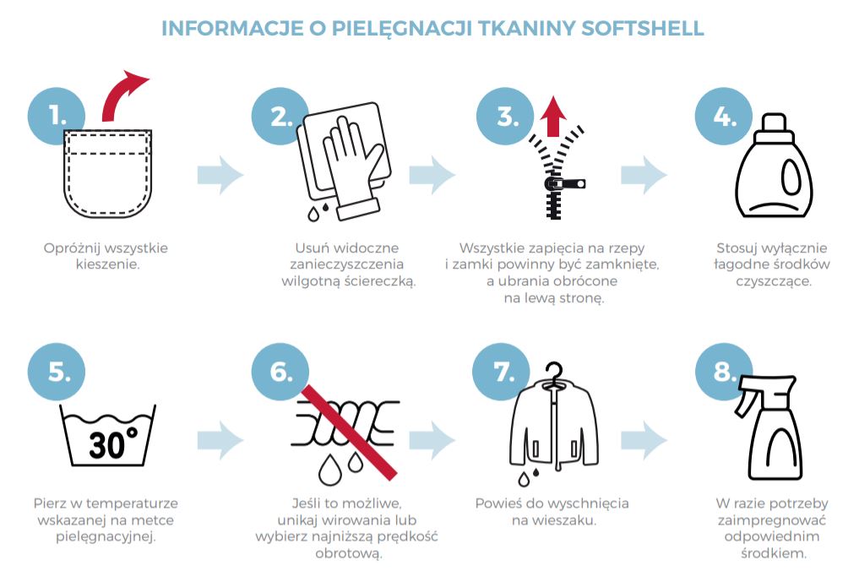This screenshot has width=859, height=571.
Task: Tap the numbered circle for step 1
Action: (x=57, y=116)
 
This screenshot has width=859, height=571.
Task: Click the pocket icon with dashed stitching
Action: (x=107, y=173)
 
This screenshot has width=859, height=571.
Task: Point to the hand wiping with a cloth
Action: (x=351, y=165)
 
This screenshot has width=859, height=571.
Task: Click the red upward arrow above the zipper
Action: (x=553, y=117)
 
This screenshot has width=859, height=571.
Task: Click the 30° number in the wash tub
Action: (x=113, y=443)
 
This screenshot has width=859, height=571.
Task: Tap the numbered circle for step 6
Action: (x=280, y=372)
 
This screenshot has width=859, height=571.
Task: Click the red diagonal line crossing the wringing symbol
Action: (x=349, y=432)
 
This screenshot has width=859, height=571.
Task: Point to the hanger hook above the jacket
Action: (x=555, y=373)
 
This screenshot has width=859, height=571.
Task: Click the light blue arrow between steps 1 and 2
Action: (x=220, y=175)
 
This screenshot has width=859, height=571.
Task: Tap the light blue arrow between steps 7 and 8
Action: (x=644, y=439)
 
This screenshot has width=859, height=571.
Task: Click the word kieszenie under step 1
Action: (x=107, y=264)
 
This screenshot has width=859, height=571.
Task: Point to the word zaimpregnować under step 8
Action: (x=772, y=520)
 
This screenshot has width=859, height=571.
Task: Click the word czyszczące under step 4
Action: (x=774, y=281)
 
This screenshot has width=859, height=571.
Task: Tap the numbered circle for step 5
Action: (x=57, y=372)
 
